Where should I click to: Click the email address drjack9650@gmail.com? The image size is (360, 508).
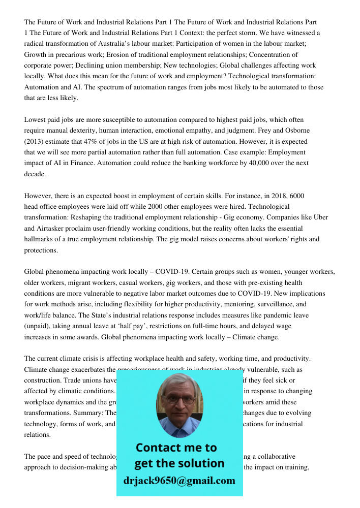179,481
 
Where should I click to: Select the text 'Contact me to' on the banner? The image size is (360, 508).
176,448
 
